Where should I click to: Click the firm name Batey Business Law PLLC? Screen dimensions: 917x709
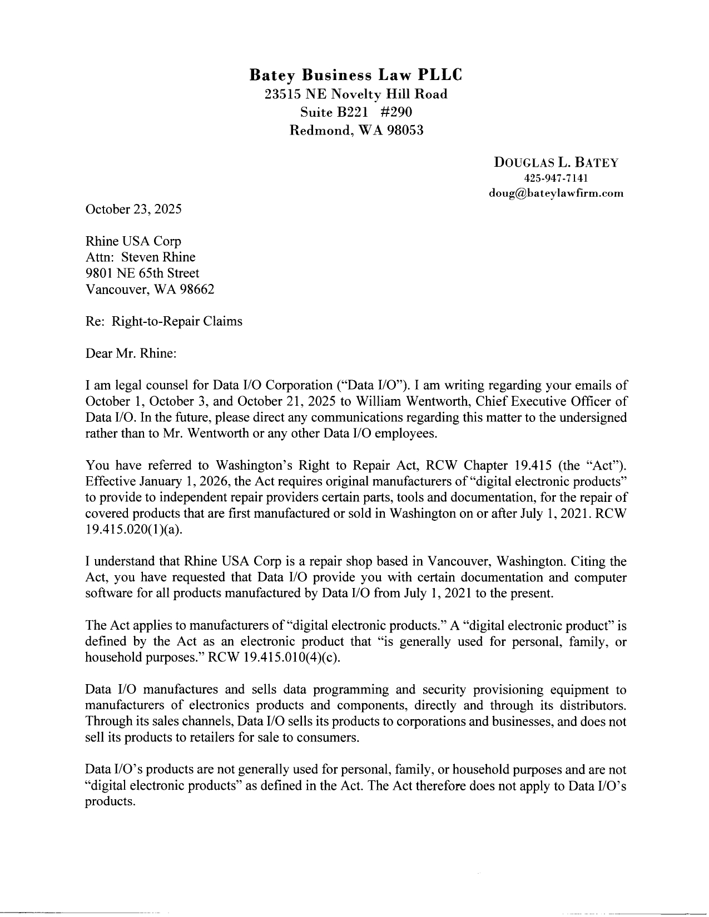(x=355, y=74)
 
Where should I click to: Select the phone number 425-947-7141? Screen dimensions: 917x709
(x=556, y=178)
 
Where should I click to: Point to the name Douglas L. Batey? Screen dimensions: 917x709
(x=556, y=163)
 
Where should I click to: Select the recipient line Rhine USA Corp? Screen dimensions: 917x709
(x=133, y=242)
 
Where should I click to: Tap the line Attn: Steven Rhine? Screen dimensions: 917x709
(x=140, y=257)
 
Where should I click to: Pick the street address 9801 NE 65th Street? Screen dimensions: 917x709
(x=142, y=273)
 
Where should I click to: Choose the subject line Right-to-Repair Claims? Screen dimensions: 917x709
(x=177, y=321)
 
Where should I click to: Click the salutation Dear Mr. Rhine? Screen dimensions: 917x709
(x=131, y=353)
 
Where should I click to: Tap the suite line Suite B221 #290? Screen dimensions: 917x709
(x=356, y=112)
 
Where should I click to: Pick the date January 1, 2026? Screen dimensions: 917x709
(x=181, y=481)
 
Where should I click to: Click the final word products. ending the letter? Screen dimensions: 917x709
(x=110, y=803)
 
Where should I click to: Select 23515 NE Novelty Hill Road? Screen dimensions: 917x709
(x=356, y=94)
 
